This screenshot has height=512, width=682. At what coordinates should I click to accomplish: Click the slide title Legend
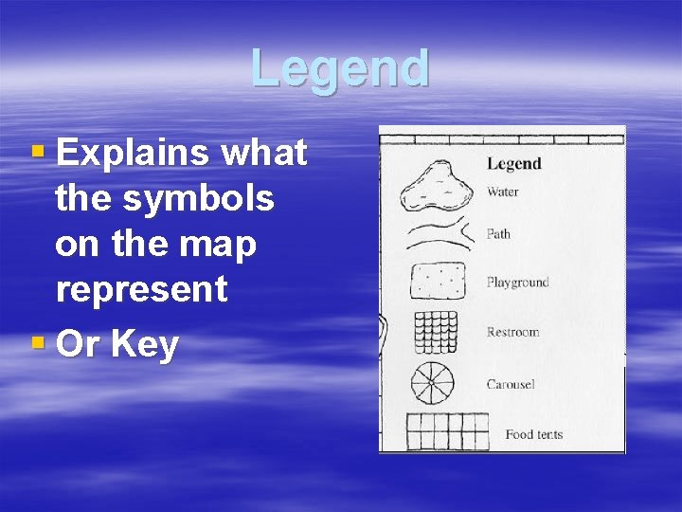coord(340,68)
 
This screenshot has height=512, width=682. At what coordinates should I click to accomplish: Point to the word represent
coord(141,289)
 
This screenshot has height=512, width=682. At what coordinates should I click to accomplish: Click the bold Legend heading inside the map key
coord(513,163)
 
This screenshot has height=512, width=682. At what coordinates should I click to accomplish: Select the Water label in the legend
coord(503,192)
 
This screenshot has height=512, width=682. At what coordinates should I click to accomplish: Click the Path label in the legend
coord(498,233)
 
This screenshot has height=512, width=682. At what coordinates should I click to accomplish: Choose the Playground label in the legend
coord(517,282)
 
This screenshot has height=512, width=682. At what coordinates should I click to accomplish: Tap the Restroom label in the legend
coord(512,332)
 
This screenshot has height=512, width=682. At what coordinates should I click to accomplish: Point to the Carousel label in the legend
coord(511,384)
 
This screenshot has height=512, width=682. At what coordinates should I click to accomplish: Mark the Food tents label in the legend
coord(533,434)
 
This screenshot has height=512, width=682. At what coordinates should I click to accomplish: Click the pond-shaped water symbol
coord(437,186)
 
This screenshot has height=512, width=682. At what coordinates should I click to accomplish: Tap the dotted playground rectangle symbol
coord(437,282)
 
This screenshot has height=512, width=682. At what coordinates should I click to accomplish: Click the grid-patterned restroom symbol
coord(436,332)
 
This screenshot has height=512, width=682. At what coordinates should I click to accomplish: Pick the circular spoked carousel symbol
coord(433,384)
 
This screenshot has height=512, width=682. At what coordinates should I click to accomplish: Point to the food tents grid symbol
coord(447,431)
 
